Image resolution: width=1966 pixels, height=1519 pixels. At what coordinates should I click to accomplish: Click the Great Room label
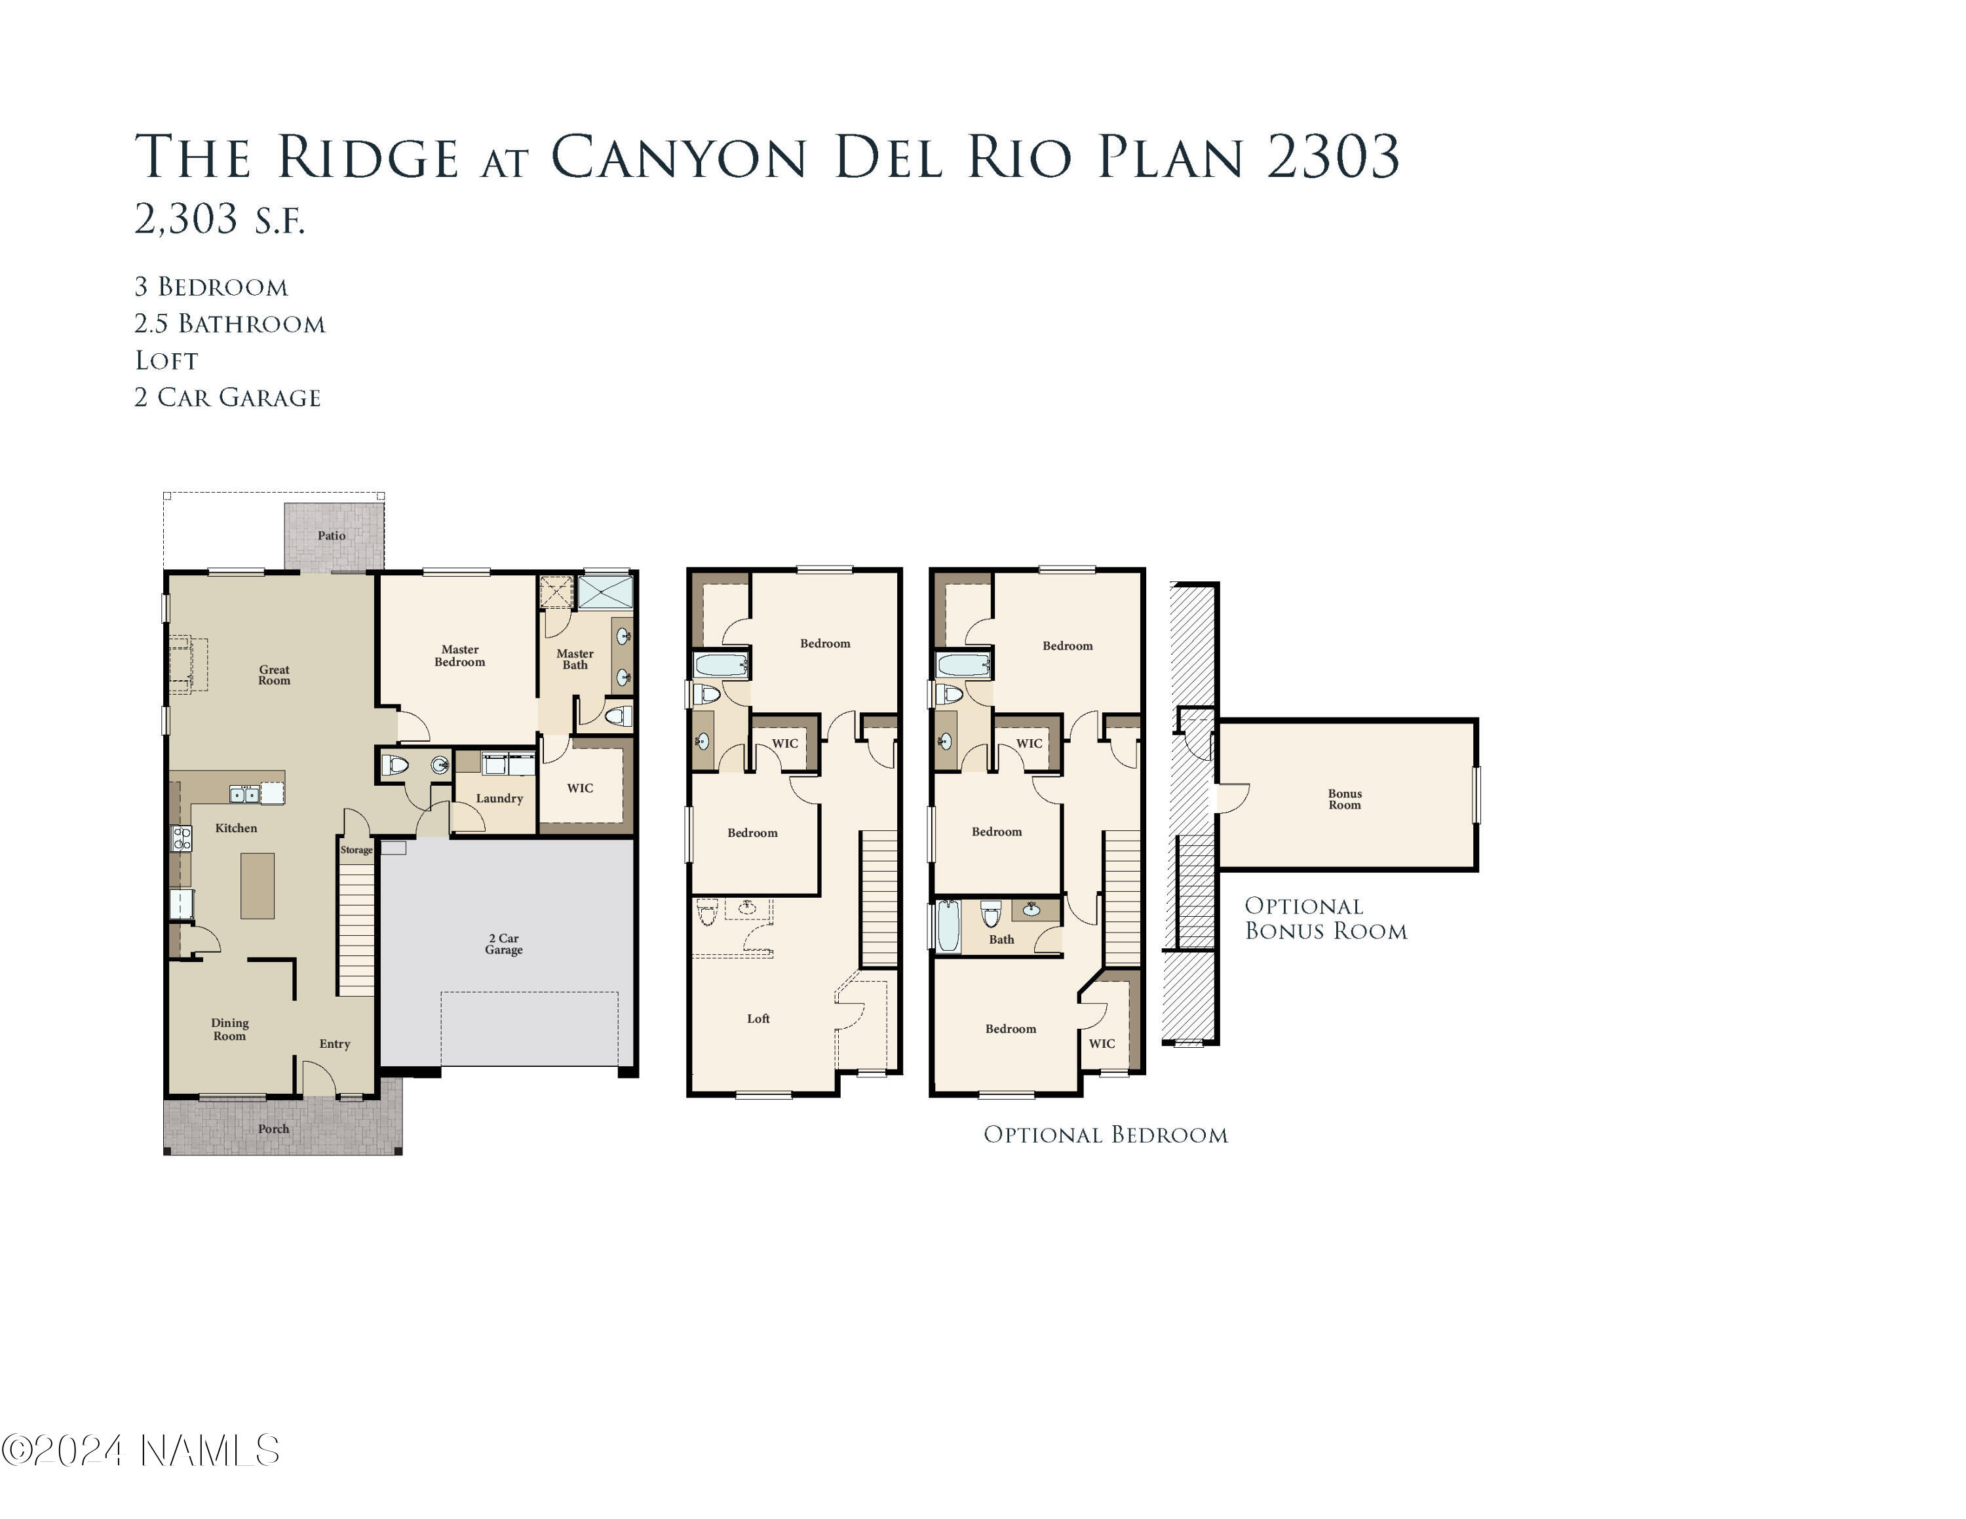coord(274,675)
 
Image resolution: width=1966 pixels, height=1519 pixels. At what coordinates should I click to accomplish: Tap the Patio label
coord(331,535)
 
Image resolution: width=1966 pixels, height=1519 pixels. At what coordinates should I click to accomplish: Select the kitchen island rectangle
coord(258,885)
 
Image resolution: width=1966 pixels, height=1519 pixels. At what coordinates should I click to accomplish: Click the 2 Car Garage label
coord(503,944)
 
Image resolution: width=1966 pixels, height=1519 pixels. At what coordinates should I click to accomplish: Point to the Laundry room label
coord(499,798)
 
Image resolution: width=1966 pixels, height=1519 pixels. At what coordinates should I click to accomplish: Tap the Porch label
coord(274,1128)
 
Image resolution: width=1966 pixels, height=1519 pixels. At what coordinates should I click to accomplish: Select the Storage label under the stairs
coord(357,849)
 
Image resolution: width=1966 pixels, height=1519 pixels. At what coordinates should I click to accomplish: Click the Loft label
coord(758,1018)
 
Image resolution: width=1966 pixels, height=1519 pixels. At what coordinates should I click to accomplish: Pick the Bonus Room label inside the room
coord(1344,799)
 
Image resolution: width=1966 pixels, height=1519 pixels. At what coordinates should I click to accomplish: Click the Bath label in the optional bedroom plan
coord(1001,940)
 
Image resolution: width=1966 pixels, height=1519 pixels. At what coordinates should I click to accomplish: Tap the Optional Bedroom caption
coord(1106,1135)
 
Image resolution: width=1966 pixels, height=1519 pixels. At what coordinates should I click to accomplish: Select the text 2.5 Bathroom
coord(229,324)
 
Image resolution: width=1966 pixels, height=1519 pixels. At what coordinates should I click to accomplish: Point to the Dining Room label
coord(229,1029)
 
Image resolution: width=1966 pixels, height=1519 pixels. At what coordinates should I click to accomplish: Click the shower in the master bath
coord(605,593)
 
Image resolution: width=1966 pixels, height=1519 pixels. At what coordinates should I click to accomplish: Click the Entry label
coord(334,1044)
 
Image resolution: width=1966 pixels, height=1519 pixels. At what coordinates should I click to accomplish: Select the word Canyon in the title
coord(678,157)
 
